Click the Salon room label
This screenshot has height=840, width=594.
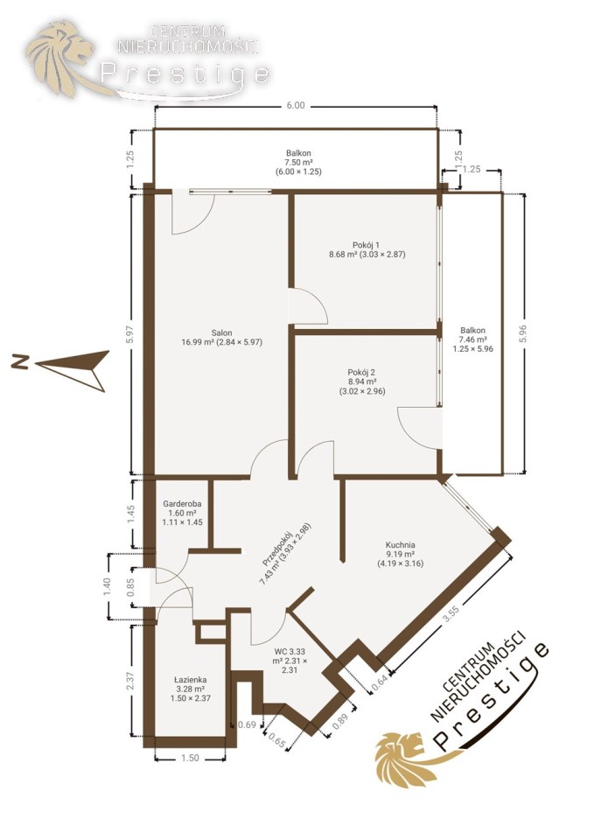tap(221, 332)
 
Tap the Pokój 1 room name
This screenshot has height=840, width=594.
tap(367, 245)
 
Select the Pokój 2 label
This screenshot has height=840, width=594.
tap(361, 373)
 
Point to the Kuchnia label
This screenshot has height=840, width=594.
tap(400, 545)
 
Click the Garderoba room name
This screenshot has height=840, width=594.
tap(182, 504)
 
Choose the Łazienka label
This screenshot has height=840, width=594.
tap(191, 680)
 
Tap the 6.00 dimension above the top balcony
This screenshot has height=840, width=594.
tap(295, 106)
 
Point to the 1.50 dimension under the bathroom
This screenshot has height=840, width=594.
tap(190, 758)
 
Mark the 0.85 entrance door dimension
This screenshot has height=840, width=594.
tap(130, 586)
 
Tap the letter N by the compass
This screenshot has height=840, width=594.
tap(21, 361)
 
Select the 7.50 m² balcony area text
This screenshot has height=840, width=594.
tap(299, 163)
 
